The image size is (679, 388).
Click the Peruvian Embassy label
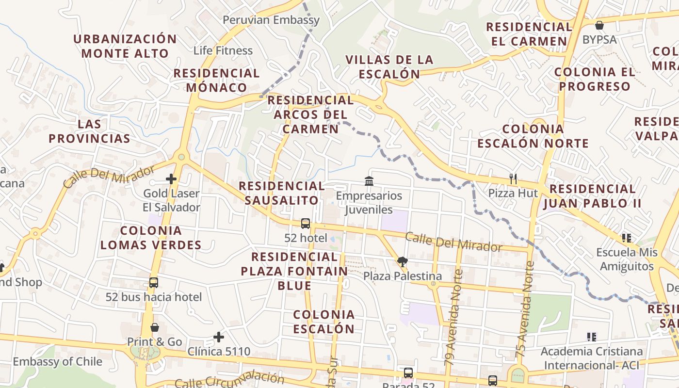click(x=271, y=20)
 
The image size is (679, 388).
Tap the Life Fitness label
click(x=223, y=50)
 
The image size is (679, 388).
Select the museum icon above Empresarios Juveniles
click(x=369, y=181)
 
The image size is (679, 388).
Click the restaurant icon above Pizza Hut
click(x=513, y=178)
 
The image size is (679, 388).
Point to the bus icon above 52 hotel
click(x=306, y=224)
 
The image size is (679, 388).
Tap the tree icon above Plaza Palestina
click(x=402, y=262)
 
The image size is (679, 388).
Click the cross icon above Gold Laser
click(x=171, y=179)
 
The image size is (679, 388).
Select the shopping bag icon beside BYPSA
click(x=599, y=25)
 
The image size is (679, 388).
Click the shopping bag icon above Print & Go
click(x=155, y=327)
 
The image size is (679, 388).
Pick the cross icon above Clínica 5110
click(x=219, y=337)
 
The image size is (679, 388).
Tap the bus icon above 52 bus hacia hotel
click(x=154, y=283)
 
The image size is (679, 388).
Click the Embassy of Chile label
click(x=57, y=361)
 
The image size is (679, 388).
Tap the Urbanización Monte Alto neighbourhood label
click(x=125, y=46)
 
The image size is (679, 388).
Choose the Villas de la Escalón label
click(x=389, y=66)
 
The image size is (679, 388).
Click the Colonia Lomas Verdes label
click(x=151, y=238)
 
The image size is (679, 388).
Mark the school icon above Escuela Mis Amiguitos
click(x=626, y=238)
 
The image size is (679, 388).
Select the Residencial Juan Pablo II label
click(x=592, y=196)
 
